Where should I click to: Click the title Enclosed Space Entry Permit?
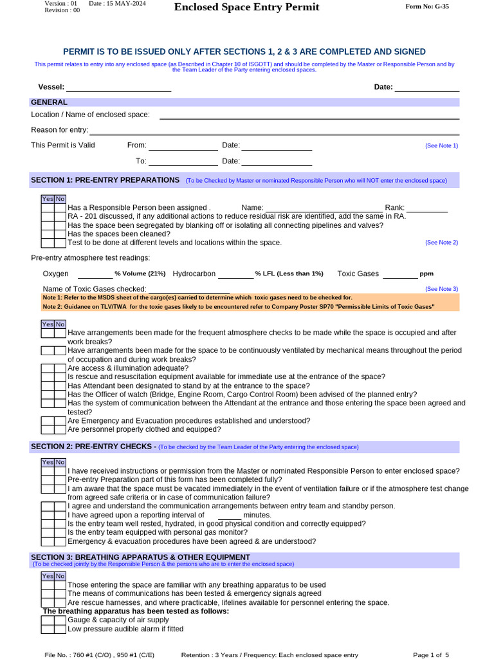point(246,7)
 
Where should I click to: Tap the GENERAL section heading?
point(50,102)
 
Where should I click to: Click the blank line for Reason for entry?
point(274,131)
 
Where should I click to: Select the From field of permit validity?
point(183,147)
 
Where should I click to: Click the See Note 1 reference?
point(441,146)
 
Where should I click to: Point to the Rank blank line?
point(426,209)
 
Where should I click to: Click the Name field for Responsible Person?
point(324,209)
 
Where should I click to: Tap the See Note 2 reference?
point(441,243)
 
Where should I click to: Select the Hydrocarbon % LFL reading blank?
point(235,275)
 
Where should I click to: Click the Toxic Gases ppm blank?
point(399,275)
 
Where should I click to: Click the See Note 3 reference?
point(441,290)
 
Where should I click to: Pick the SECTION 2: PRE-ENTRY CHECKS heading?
point(93,447)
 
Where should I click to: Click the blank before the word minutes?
point(229,516)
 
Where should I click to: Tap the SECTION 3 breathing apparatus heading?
point(140,557)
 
